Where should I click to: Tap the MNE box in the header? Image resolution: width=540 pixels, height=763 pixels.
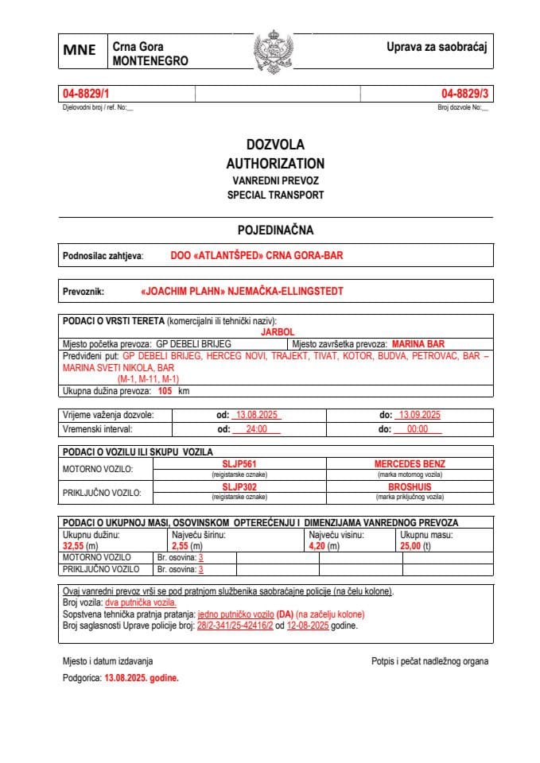tap(80, 51)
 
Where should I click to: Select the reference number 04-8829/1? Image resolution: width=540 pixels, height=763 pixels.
tap(85, 94)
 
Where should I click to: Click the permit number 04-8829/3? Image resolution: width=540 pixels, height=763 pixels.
tap(465, 94)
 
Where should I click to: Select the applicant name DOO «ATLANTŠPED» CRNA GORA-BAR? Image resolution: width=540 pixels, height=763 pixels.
tap(257, 256)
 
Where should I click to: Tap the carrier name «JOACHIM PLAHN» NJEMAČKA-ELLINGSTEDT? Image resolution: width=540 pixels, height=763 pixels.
tap(241, 291)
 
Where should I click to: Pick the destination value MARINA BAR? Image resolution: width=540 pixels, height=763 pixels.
tap(418, 344)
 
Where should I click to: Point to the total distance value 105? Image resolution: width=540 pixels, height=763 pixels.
tap(165, 391)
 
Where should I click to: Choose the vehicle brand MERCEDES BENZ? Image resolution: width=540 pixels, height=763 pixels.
tap(410, 463)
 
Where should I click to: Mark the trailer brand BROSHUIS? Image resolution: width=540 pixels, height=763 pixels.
tap(410, 486)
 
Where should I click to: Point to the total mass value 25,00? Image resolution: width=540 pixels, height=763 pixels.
tap(411, 547)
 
